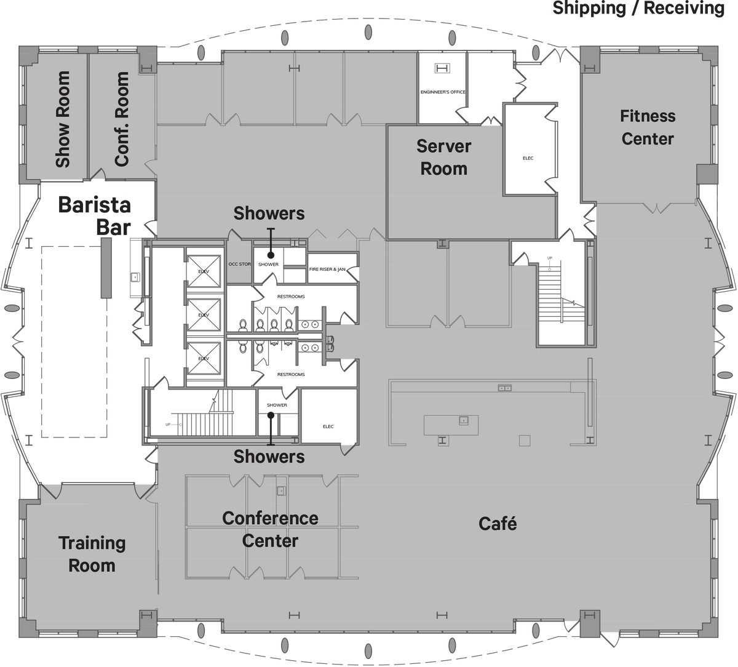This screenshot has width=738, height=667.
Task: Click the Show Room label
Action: (x=63, y=119)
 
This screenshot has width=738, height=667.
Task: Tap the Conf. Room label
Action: (x=122, y=119)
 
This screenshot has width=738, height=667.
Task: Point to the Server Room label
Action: (x=443, y=158)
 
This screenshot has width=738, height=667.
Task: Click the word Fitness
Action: (x=647, y=116)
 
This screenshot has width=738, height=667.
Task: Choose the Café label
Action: (x=498, y=524)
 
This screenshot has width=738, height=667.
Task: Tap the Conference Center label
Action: (x=270, y=529)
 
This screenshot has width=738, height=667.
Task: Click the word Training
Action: (x=92, y=543)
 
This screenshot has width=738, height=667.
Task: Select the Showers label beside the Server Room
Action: (x=269, y=214)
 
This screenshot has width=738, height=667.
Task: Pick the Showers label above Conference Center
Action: (x=269, y=457)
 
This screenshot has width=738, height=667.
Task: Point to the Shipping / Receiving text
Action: (x=638, y=9)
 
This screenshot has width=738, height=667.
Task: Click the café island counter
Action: (x=451, y=425)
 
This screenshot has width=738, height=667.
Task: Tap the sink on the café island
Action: (x=463, y=420)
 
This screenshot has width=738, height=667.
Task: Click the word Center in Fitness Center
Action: (x=647, y=139)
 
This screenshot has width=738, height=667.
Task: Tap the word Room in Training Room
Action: (x=92, y=565)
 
